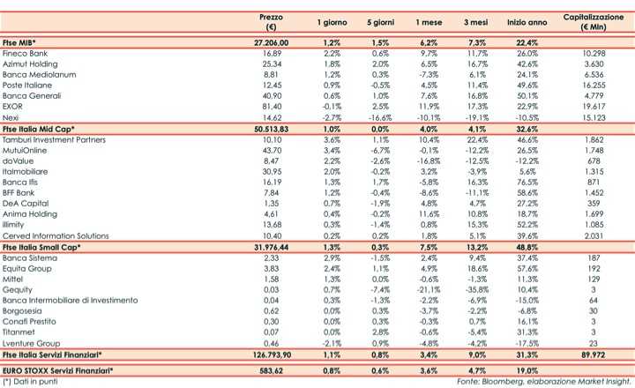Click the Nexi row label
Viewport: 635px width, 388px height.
pyautogui.click(x=11, y=116)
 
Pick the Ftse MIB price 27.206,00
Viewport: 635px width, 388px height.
pyautogui.click(x=271, y=42)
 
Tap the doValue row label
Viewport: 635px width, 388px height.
pyautogui.click(x=18, y=160)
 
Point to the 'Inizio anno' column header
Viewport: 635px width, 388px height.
pyautogui.click(x=528, y=22)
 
